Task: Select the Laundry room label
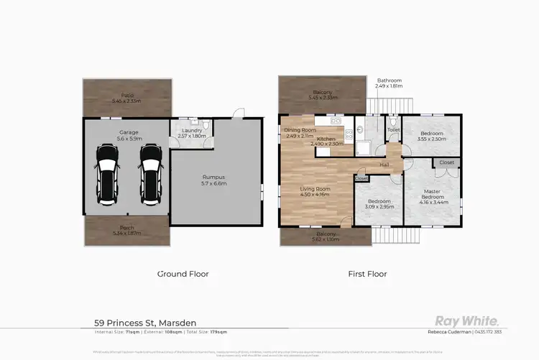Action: click(x=191, y=130)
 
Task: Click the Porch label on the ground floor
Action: click(x=128, y=229)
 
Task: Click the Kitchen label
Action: click(x=326, y=139)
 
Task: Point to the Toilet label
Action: click(x=393, y=130)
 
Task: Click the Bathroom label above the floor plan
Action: click(x=389, y=80)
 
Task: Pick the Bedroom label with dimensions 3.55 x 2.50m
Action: click(x=432, y=134)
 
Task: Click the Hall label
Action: click(x=384, y=165)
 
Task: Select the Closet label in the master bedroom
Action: click(x=446, y=163)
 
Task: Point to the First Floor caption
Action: click(x=367, y=274)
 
